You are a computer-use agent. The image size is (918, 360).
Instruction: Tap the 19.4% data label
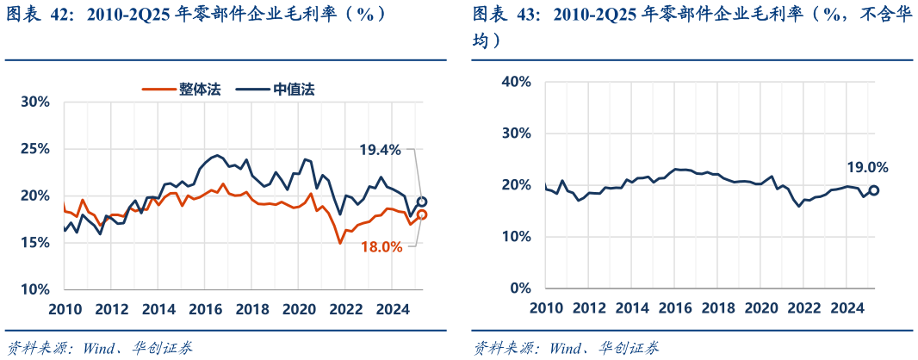[x=381, y=150]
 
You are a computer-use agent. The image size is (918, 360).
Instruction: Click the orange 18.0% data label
[x=381, y=246]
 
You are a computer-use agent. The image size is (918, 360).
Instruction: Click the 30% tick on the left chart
[x=35, y=102]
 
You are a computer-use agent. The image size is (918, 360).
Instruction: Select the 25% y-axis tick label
[x=35, y=149]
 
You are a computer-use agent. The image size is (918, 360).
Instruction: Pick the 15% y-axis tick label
[x=35, y=243]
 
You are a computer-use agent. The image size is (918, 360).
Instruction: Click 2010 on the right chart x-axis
[x=546, y=308]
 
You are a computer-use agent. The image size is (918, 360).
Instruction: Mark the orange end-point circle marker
[x=422, y=215]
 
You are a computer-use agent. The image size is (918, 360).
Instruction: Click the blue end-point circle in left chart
[x=422, y=202]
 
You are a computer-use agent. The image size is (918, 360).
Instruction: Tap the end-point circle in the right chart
[x=873, y=190]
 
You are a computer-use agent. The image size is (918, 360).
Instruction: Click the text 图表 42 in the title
[x=40, y=15]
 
